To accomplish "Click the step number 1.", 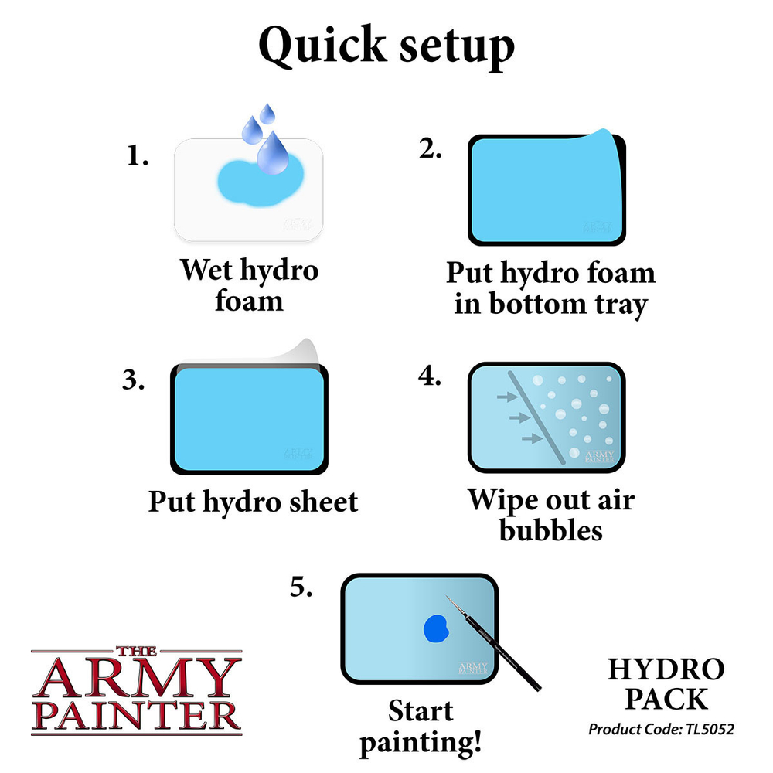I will tap(137, 156).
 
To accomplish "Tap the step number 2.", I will tap(431, 149).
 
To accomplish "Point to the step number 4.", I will tap(430, 376).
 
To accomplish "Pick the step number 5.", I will tap(301, 587).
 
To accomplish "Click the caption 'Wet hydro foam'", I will tap(249, 284).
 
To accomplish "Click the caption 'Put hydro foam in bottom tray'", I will tap(550, 288).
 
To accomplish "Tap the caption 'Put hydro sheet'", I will tap(253, 502).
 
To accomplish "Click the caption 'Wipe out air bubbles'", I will tap(550, 515).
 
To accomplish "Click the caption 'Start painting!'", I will tap(421, 727).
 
